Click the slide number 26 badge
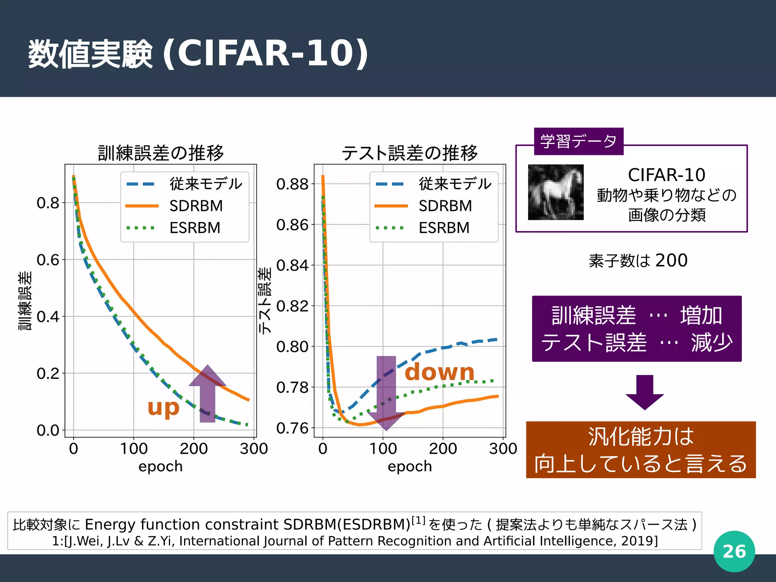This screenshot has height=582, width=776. click(x=734, y=551)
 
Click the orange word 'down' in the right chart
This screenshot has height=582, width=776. click(x=440, y=372)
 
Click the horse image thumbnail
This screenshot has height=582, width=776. click(x=555, y=192)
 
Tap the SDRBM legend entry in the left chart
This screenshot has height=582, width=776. click(x=196, y=206)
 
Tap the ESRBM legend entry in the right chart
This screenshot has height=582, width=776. click(x=444, y=228)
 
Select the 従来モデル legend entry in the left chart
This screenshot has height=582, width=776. click(x=205, y=184)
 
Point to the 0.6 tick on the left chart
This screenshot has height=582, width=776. click(x=48, y=260)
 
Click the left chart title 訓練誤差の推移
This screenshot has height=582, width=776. click(x=161, y=153)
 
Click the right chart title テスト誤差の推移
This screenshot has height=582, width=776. click(x=410, y=153)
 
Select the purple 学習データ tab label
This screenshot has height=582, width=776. click(x=578, y=141)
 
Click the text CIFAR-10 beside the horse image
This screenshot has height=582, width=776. click(x=666, y=175)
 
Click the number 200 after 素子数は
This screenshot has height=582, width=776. click(x=671, y=260)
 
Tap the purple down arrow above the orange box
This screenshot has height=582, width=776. click(x=645, y=392)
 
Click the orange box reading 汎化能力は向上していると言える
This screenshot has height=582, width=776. click(x=640, y=450)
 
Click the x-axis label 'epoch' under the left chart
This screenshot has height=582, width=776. click(x=160, y=466)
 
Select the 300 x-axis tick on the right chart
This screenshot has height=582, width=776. click(x=503, y=449)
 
